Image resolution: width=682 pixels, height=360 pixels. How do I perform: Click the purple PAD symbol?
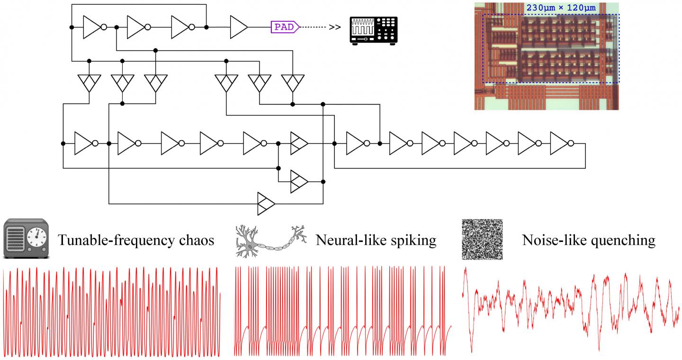point(285,27)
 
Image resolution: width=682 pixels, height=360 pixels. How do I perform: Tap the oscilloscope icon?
point(373,31)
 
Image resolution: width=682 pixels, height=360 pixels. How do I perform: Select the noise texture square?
point(482,239)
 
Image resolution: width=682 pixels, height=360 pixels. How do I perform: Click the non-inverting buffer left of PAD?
point(238,27)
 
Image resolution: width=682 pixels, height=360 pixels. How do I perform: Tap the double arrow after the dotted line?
point(335,27)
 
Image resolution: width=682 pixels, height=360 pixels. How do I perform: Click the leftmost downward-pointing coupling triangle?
point(89,83)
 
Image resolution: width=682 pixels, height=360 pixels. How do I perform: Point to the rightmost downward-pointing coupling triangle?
point(293,83)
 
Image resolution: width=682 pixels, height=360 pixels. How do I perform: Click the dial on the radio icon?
point(36,236)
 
